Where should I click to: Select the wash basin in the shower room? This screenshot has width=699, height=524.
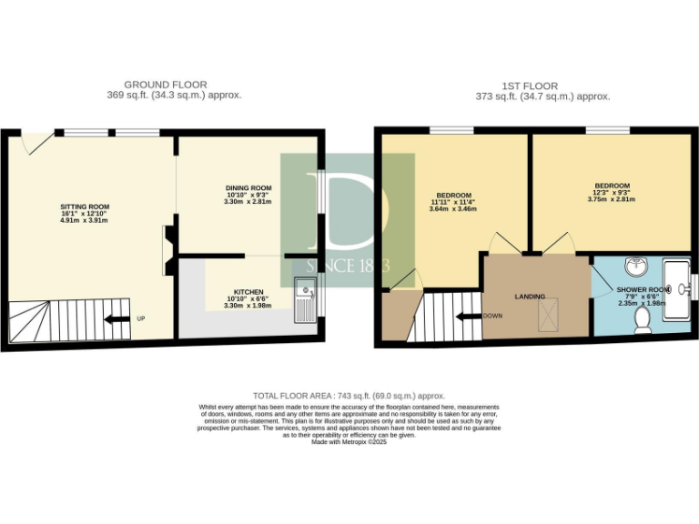pyautogui.click(x=636, y=267)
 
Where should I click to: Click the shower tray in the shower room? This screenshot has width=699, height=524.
pyautogui.click(x=676, y=289)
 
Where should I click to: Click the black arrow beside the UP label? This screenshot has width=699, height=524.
pyautogui.click(x=116, y=318)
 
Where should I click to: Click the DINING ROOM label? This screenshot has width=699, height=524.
pyautogui.click(x=249, y=187)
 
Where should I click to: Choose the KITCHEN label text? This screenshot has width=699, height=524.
pyautogui.click(x=248, y=292)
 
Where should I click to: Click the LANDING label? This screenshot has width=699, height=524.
pyautogui.click(x=530, y=297)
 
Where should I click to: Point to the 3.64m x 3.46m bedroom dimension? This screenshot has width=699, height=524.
pyautogui.click(x=453, y=210)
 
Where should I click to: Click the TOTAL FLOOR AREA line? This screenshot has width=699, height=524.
pyautogui.click(x=349, y=396)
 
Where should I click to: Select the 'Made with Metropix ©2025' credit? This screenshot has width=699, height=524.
pyautogui.click(x=349, y=441)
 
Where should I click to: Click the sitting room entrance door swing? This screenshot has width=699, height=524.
pyautogui.click(x=35, y=142)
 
